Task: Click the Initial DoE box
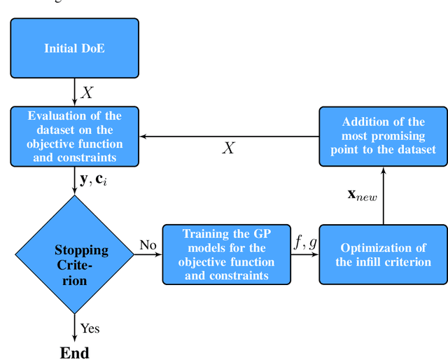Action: (x=74, y=48)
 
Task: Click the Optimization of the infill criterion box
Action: (x=383, y=255)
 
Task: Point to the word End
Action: (x=74, y=352)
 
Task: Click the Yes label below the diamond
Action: (x=90, y=328)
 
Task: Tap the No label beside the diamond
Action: (x=148, y=244)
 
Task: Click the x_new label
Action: (x=363, y=195)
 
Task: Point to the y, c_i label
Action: (x=94, y=179)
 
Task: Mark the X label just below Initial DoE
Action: (x=87, y=92)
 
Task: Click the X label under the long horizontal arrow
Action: (x=228, y=148)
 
